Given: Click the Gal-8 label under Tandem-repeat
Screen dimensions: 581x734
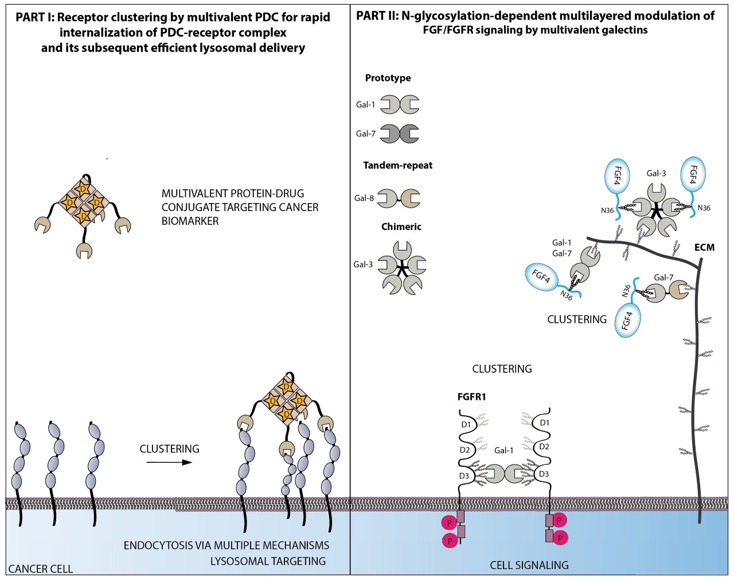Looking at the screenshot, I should tap(364, 198).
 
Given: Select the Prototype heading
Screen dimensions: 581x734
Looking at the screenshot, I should tap(388, 78).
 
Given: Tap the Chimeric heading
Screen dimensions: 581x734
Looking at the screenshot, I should tap(401, 227).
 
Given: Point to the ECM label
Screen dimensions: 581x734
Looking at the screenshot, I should tap(704, 247).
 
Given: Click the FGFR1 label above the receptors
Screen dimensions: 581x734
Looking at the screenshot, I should tap(471, 396).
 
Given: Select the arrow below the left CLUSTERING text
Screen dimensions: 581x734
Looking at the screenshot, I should tap(169, 462).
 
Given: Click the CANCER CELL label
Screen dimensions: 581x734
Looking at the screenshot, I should tap(41, 569).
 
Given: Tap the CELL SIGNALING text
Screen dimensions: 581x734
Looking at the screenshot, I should tap(529, 566).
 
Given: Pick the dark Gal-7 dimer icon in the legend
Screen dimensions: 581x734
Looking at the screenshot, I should tap(400, 134).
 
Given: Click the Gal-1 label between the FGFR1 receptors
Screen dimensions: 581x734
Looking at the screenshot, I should tap(503, 450).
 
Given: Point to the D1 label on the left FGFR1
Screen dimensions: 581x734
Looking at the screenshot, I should tap(466, 424).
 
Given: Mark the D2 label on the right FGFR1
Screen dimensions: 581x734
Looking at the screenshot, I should tap(544, 446).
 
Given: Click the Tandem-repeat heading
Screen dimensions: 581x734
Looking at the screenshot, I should tap(397, 165).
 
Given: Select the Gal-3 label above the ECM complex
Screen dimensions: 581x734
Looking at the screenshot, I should tap(656, 173).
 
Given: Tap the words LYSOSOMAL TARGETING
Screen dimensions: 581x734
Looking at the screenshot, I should tap(268, 561).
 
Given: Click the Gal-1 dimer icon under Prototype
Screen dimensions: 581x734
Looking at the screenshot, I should tap(400, 104).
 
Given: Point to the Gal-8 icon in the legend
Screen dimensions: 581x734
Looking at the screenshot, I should tap(399, 198).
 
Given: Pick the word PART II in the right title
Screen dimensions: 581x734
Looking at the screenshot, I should tap(377, 15).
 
